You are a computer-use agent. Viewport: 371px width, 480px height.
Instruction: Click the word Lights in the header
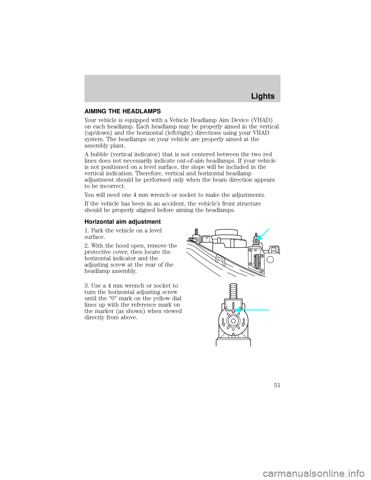tap(262, 96)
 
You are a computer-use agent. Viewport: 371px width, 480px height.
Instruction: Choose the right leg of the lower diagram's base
tap(251, 342)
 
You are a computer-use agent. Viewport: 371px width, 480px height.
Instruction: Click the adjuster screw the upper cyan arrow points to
tap(255, 242)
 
